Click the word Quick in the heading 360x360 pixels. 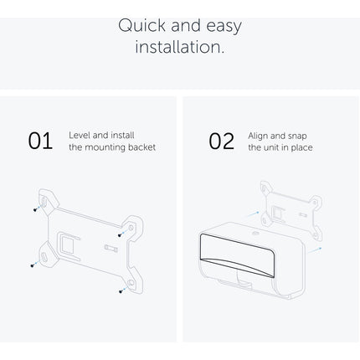pos(142,26)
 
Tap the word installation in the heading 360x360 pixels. pos(180,47)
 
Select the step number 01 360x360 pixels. pos(40,141)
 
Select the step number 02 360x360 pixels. pos(222,141)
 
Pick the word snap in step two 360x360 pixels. pos(297,136)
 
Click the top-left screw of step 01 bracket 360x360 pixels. pos(35,209)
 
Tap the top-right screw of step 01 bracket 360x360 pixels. pos(120,235)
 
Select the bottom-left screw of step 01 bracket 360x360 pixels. pos(33,265)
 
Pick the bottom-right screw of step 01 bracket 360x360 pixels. pos(121,291)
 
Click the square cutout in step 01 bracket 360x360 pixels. pos(67,245)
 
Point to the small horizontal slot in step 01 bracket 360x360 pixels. pos(111,248)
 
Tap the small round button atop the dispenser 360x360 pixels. pos(255,233)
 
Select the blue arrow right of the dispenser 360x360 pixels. pos(315,250)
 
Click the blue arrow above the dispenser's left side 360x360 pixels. pos(251,214)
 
